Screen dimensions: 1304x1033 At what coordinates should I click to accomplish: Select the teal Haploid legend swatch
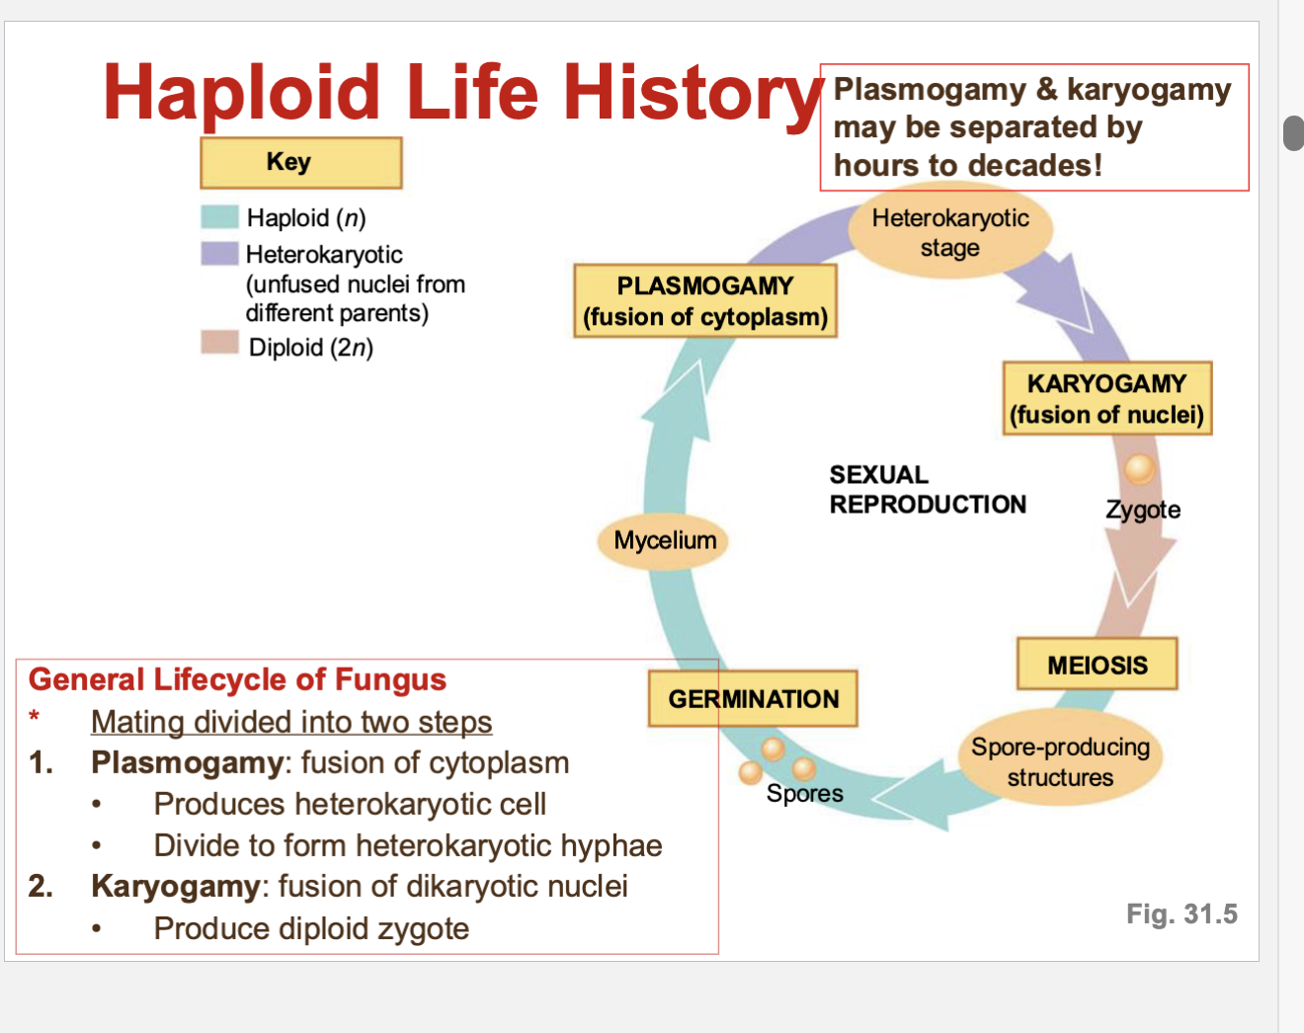click(219, 217)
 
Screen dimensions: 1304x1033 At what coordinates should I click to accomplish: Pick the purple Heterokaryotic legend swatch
click(219, 254)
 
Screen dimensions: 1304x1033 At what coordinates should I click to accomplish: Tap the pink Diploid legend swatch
click(219, 343)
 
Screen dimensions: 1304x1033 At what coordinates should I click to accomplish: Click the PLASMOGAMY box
click(705, 301)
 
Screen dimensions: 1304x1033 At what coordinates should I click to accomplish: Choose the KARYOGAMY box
click(1106, 398)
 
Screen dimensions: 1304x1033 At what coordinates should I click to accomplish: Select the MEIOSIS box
click(1098, 665)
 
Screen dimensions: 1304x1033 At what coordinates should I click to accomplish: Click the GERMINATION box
click(753, 699)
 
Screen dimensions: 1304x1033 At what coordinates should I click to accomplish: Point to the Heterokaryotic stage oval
click(950, 233)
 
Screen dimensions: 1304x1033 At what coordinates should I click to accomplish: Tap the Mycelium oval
click(665, 540)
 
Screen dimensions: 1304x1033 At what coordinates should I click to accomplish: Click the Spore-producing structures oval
click(1060, 761)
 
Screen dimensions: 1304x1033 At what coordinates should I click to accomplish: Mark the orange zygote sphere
click(1139, 468)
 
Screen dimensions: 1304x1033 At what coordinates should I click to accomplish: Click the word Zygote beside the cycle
click(1143, 510)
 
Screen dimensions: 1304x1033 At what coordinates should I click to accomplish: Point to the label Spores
click(804, 793)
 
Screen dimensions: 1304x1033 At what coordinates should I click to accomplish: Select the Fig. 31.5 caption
click(1182, 914)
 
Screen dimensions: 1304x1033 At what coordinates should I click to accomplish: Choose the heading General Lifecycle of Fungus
click(237, 679)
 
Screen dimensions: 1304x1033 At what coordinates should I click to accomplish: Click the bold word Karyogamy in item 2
click(176, 886)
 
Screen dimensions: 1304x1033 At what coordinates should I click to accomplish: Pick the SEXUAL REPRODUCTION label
click(927, 490)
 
